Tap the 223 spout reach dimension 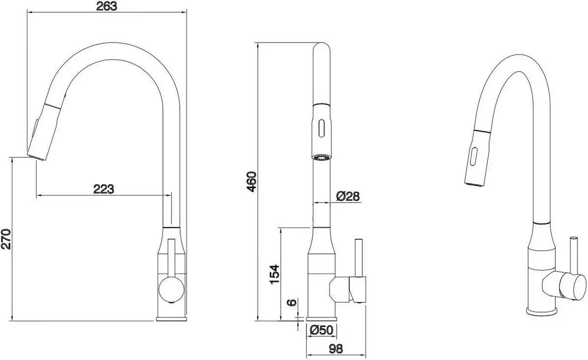103,189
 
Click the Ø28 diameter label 348,196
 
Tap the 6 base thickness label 293,303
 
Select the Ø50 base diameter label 321,330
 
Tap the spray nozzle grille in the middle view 321,157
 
